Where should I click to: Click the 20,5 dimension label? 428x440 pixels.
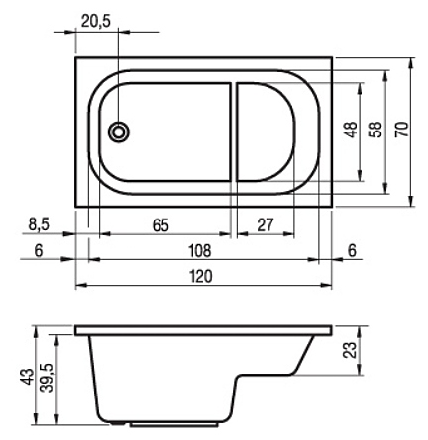point(96,21)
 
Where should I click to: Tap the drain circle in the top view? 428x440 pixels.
point(119,132)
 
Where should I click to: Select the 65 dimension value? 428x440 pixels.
point(160,225)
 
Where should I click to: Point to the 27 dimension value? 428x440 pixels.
point(266,225)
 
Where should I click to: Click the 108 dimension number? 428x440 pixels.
point(199,251)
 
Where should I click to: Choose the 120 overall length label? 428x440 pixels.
point(201,276)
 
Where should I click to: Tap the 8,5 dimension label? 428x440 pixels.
point(39,224)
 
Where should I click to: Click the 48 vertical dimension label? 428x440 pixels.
point(351,130)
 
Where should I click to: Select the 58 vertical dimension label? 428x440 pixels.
point(376,130)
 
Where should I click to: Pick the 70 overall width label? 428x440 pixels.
point(402,130)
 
